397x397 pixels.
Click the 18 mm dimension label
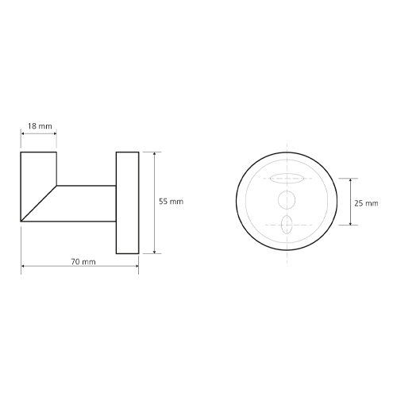tap(40, 126)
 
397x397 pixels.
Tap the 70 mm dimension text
tap(83, 262)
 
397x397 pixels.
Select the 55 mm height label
tap(171, 202)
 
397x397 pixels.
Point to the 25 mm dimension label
tap(366, 203)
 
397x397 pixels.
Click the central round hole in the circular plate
tap(287, 199)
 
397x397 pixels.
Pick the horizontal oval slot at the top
tap(287, 179)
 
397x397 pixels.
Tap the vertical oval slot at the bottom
tap(287, 225)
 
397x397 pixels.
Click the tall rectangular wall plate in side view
tap(128, 202)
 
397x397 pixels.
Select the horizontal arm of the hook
tap(87, 203)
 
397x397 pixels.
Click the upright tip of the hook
tap(39, 169)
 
